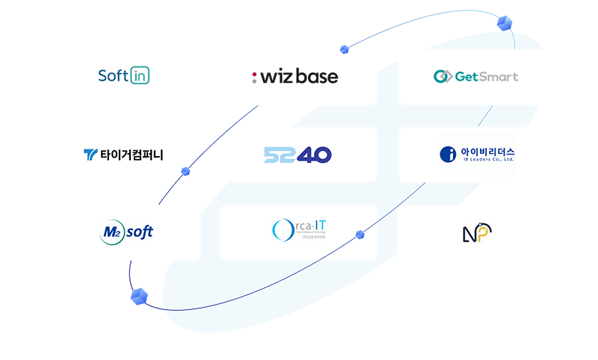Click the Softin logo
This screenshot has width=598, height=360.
(124, 76)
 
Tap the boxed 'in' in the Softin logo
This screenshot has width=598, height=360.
(140, 76)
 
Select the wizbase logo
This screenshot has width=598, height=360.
(295, 77)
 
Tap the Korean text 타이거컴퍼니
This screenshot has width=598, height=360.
(132, 155)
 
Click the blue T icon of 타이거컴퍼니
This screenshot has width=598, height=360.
(90, 155)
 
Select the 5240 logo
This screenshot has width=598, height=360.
(298, 155)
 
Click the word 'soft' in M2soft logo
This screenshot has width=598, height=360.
(139, 232)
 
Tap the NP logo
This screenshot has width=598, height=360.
(475, 234)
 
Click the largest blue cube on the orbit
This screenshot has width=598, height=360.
(139, 297)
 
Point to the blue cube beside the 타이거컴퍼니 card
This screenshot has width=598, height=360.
(185, 172)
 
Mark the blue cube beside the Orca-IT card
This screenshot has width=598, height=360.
(360, 235)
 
